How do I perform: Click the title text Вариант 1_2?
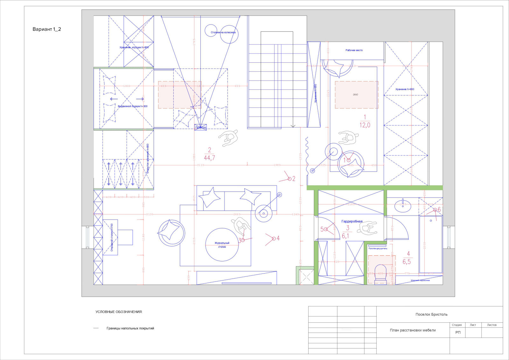tap(47, 29)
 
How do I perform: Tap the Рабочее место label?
tap(354, 50)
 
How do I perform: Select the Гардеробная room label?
tap(352, 221)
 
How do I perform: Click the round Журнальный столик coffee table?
tap(222, 245)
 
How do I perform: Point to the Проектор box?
tap(201, 128)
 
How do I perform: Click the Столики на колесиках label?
tap(223, 32)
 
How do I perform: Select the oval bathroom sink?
tap(403, 206)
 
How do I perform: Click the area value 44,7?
tap(209, 158)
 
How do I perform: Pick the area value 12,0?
tap(365, 125)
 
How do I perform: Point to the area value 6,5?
tap(407, 262)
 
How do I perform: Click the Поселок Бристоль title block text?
tap(431, 315)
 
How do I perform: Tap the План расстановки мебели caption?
tap(413, 330)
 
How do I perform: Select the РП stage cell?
tap(458, 332)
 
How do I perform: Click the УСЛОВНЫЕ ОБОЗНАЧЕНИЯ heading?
tap(119, 312)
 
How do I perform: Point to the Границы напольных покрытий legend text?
tap(130, 328)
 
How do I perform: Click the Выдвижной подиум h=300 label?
tap(133, 106)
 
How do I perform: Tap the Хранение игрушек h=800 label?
tap(134, 47)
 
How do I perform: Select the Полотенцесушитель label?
tap(378, 248)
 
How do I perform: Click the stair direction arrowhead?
tap(293, 126)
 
